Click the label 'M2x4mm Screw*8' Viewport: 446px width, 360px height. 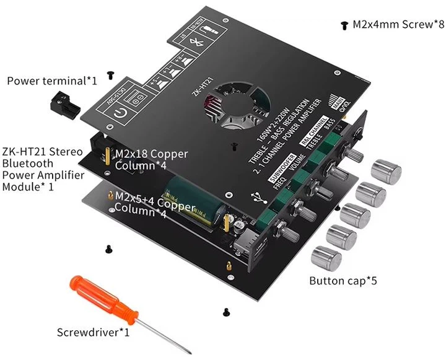[394, 25]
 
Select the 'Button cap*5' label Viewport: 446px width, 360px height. [343, 281]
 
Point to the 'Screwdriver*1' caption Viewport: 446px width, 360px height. [93, 332]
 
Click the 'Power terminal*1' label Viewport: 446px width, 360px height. [52, 81]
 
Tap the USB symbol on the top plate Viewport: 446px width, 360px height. [256, 197]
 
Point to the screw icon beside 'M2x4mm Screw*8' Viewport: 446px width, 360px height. [344, 25]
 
